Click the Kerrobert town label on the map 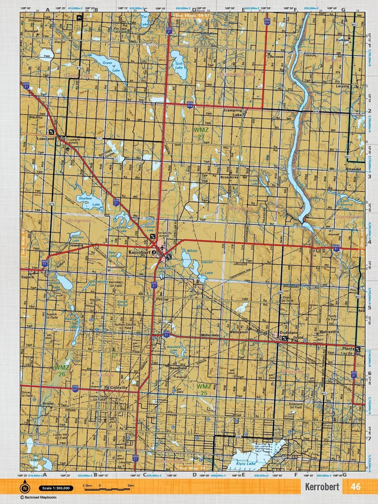139,252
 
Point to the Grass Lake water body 107,67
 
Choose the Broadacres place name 229,177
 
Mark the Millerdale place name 210,334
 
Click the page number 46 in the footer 355,487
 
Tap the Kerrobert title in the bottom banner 322,487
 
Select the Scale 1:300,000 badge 56,488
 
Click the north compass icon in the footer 25,488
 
